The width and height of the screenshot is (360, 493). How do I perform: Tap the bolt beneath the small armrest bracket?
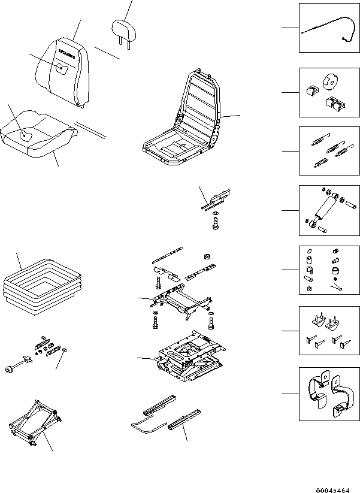216,225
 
